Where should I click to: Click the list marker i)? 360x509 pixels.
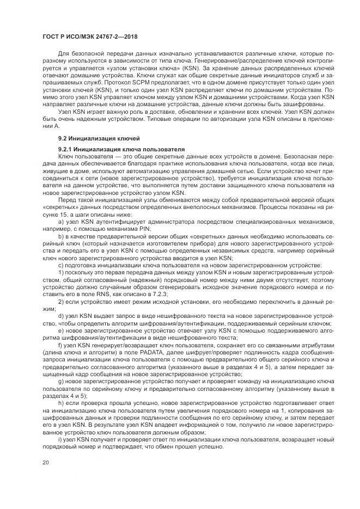point(60,439)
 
